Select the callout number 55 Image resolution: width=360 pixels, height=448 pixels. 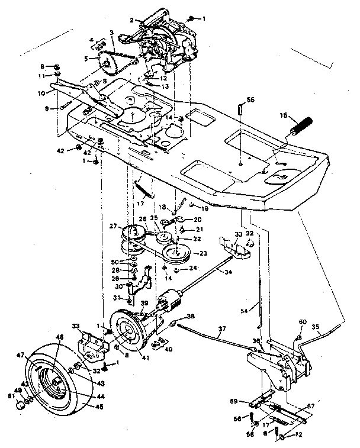click(250, 101)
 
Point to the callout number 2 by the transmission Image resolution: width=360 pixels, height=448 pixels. click(132, 20)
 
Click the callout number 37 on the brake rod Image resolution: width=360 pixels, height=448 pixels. click(222, 330)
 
